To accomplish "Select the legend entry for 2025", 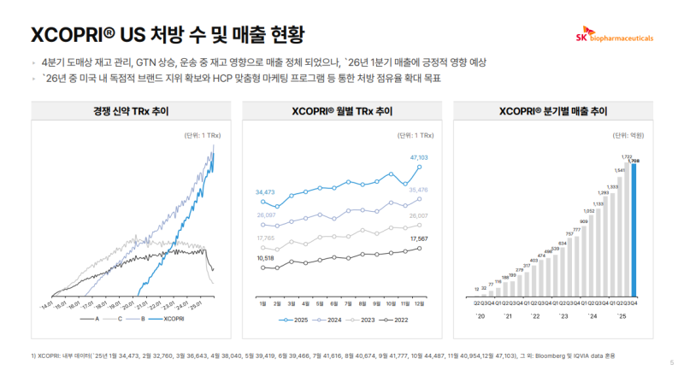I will pyautogui.click(x=296, y=320).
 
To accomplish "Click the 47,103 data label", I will pyautogui.click(x=419, y=157).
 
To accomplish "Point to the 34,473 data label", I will pyautogui.click(x=267, y=193).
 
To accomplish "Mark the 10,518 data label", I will pyautogui.click(x=267, y=257).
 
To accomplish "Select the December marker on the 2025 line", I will pyautogui.click(x=420, y=167).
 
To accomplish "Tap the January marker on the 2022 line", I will pyautogui.click(x=260, y=267).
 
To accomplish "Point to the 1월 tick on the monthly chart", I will pyautogui.click(x=260, y=303).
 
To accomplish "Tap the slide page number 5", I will pyautogui.click(x=671, y=362).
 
